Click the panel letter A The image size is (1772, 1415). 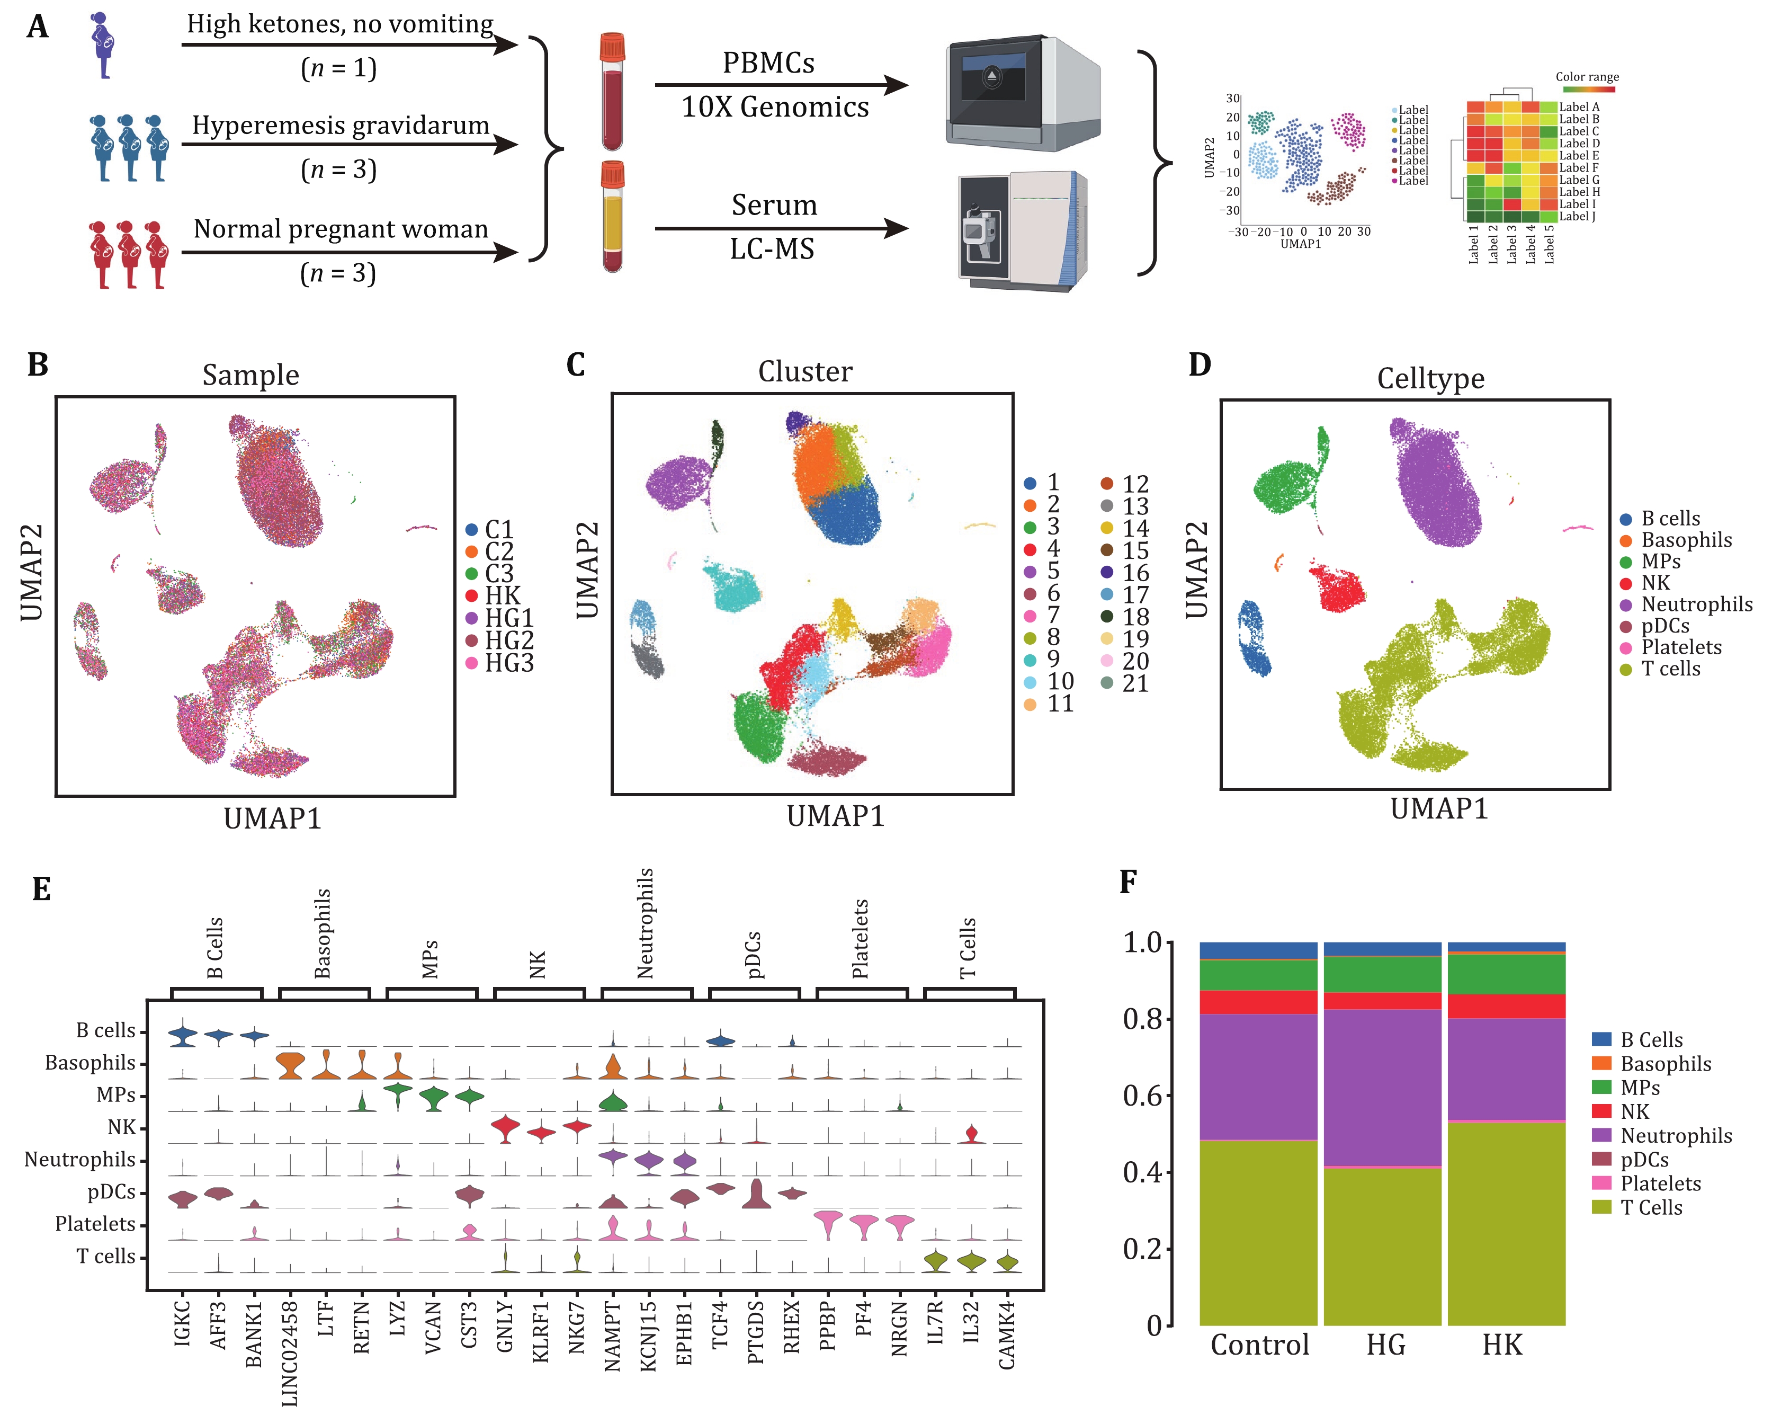[x=37, y=26]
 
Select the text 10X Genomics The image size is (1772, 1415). [x=774, y=107]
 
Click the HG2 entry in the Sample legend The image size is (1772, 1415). [x=509, y=640]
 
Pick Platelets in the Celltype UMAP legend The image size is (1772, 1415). [x=1681, y=647]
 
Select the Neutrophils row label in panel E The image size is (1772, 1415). [x=80, y=1159]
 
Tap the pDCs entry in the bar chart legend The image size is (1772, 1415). [x=1644, y=1159]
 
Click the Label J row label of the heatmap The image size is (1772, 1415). [x=1578, y=216]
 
